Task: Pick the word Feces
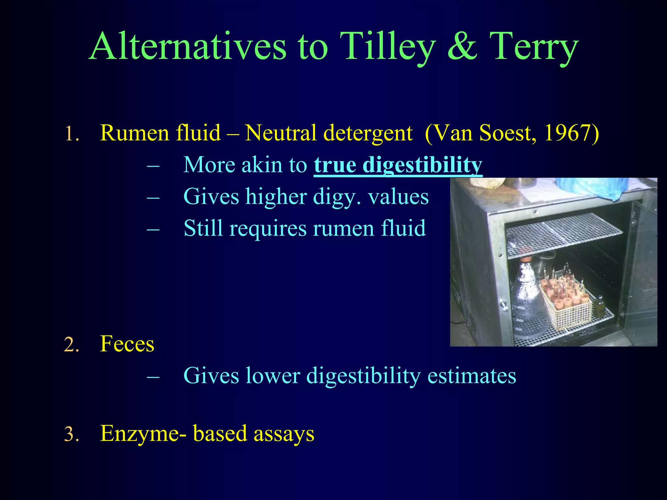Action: pyautogui.click(x=127, y=344)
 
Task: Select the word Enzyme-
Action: pyautogui.click(x=143, y=434)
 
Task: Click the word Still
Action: pyautogui.click(x=203, y=228)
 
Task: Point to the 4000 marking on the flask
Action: pyautogui.click(x=521, y=308)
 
